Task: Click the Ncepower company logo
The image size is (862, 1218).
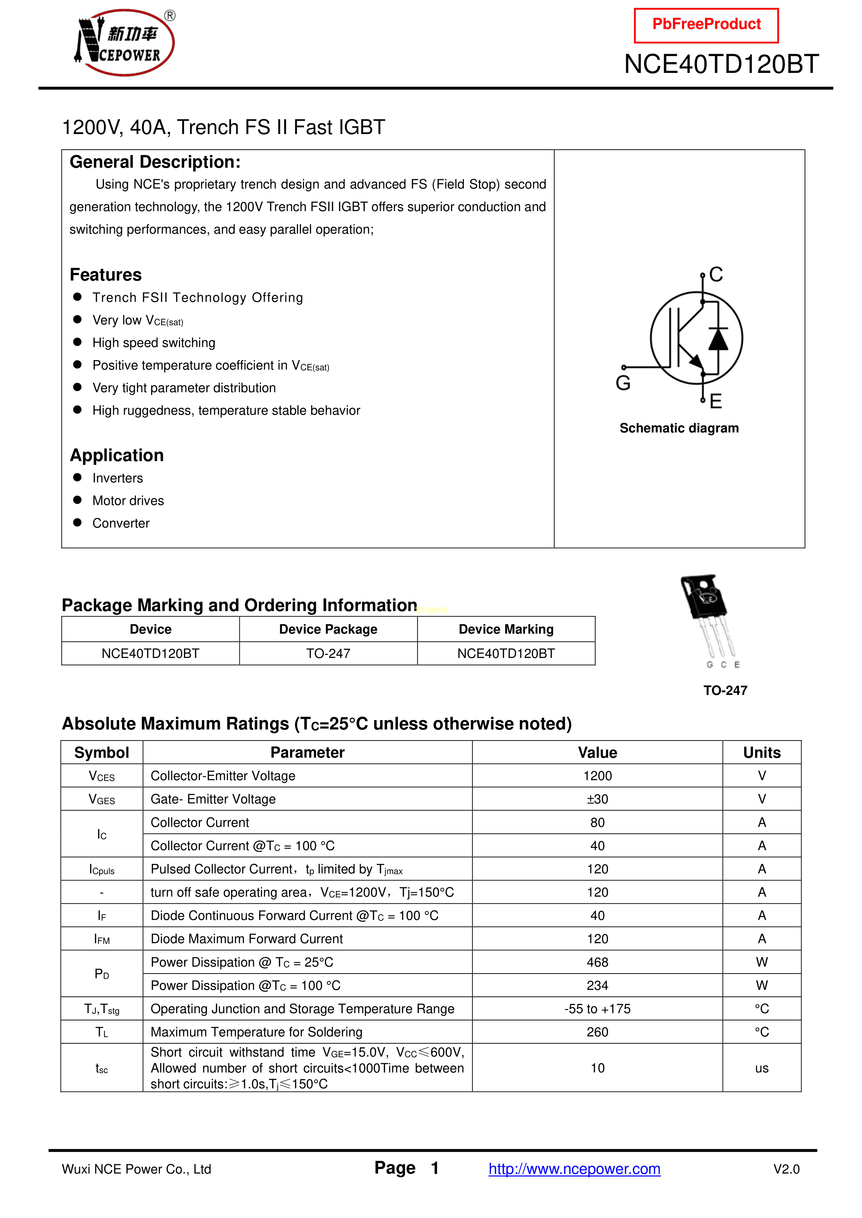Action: [x=125, y=42]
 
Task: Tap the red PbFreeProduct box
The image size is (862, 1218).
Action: [x=706, y=25]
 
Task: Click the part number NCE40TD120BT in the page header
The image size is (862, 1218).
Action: [x=721, y=64]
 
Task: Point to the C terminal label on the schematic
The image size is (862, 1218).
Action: [x=716, y=274]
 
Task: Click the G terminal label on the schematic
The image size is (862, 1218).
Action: [x=623, y=383]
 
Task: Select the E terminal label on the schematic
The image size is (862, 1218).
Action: [x=715, y=401]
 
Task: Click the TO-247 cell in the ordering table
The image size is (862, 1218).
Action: [x=328, y=653]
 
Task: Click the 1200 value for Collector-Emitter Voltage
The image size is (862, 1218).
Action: [x=597, y=776]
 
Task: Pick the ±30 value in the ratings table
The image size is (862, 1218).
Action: [x=597, y=800]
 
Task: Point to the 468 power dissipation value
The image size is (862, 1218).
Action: [x=597, y=962]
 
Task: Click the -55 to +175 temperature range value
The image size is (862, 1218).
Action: [x=597, y=1009]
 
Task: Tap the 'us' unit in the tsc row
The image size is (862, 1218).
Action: [x=762, y=1068]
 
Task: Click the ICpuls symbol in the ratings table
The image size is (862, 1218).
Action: [x=102, y=869]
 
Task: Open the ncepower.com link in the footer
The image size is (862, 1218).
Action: [x=574, y=1169]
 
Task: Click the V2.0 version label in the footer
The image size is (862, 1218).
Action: [x=786, y=1169]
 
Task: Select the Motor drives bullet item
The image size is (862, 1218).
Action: [x=128, y=501]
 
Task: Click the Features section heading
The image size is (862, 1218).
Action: [x=106, y=275]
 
